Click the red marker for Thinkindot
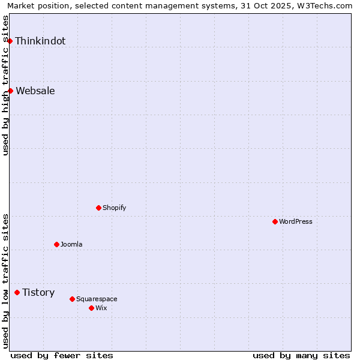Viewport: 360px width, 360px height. click(x=10, y=41)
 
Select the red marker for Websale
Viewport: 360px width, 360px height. click(x=10, y=91)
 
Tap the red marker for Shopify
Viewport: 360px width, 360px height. click(x=98, y=208)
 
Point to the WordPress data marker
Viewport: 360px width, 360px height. click(x=275, y=221)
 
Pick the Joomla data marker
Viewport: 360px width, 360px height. click(x=56, y=244)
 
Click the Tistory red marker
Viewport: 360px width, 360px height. click(x=17, y=292)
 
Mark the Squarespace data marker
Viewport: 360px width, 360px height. click(x=72, y=299)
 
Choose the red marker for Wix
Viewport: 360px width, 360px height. click(x=91, y=308)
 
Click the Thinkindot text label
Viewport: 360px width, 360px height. click(x=40, y=41)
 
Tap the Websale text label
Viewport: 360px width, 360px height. click(x=35, y=91)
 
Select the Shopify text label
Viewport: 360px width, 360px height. click(x=115, y=208)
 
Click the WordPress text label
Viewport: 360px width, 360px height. click(x=296, y=221)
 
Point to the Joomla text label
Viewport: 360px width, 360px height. click(x=71, y=244)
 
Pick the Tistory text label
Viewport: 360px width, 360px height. click(x=38, y=292)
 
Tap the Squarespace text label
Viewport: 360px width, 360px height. click(x=97, y=299)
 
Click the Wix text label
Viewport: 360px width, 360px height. click(x=101, y=308)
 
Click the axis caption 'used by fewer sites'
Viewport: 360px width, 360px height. click(x=62, y=355)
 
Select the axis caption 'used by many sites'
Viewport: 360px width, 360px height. click(x=301, y=355)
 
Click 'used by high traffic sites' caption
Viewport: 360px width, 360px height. click(x=6, y=85)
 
